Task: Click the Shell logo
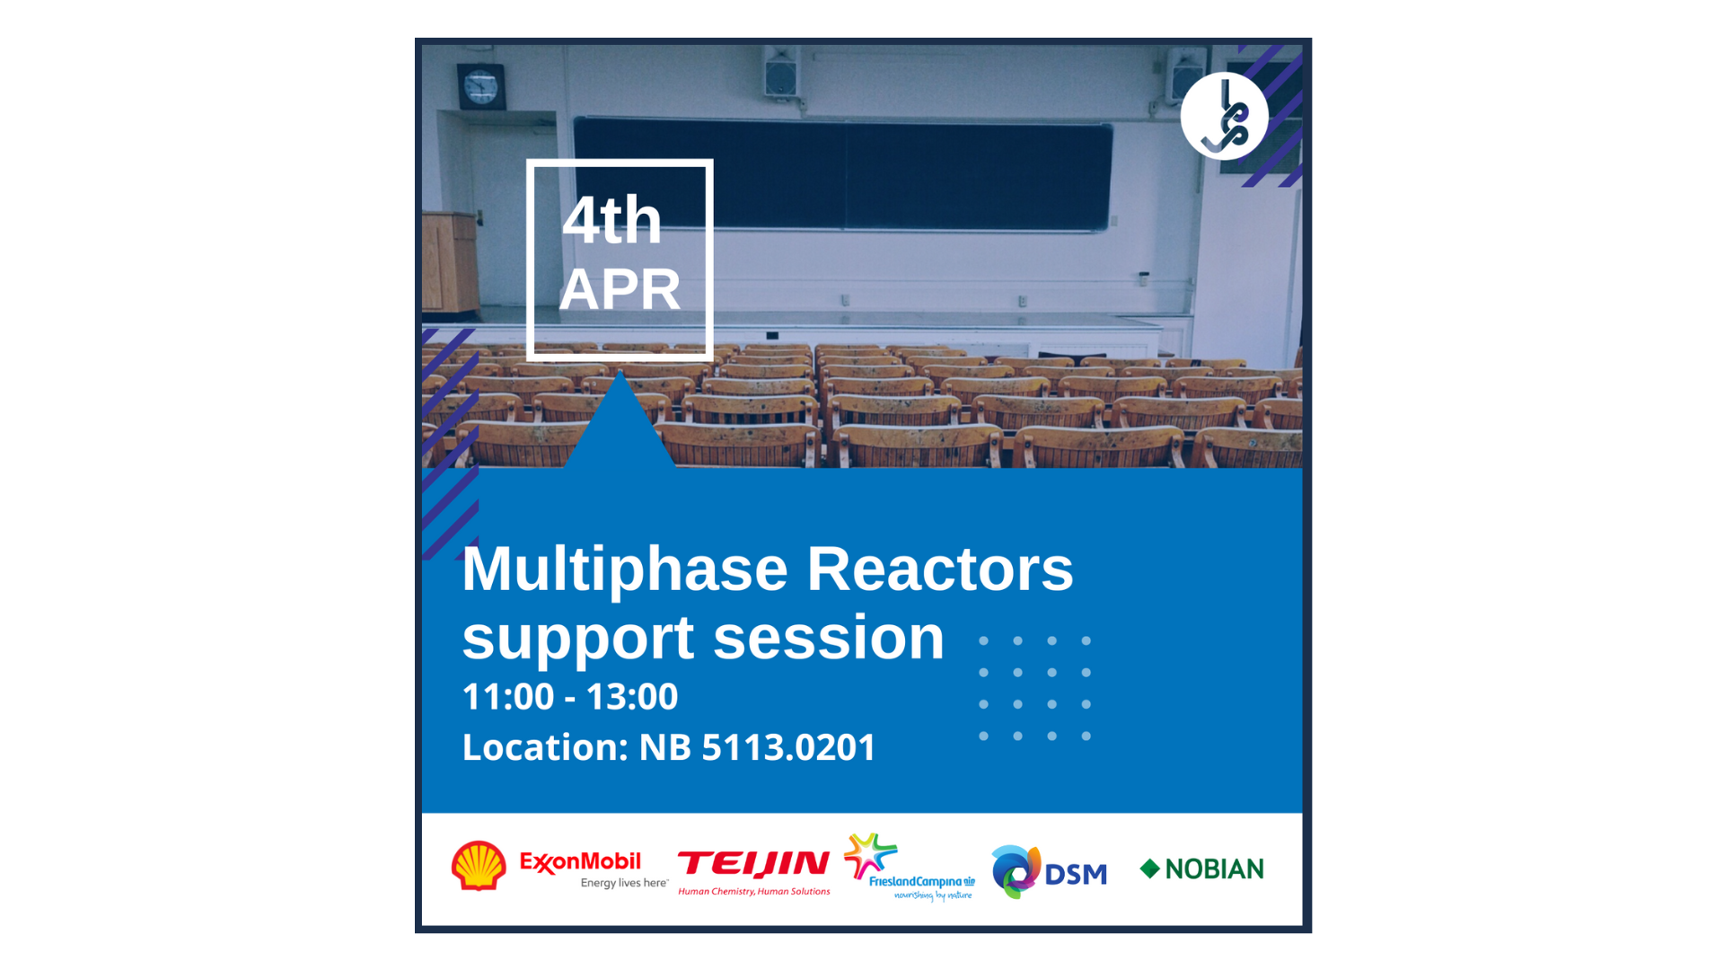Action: click(x=479, y=866)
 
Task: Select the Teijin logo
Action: click(x=754, y=873)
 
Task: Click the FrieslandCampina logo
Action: click(x=909, y=867)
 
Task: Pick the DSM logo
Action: click(x=1049, y=871)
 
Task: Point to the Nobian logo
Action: click(x=1201, y=869)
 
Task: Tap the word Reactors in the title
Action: click(x=940, y=569)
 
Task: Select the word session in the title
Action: click(x=829, y=638)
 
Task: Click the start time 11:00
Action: click(x=508, y=697)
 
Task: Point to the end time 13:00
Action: click(x=632, y=697)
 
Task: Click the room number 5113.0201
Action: click(x=788, y=747)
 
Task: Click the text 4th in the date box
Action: click(x=612, y=220)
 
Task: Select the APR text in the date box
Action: click(x=620, y=289)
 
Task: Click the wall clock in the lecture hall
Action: click(x=481, y=87)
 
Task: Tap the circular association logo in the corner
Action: click(x=1224, y=116)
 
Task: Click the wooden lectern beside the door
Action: click(x=450, y=262)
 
